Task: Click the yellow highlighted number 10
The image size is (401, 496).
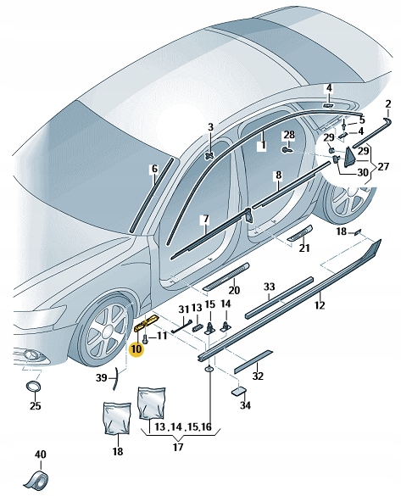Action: (136, 348)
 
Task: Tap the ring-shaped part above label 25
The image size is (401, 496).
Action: (34, 387)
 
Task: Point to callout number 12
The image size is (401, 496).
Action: (320, 304)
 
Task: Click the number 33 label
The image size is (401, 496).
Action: (270, 287)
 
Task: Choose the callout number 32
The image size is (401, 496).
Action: (259, 376)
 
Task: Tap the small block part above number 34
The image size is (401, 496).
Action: (240, 393)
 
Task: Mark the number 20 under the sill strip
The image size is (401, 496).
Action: (234, 291)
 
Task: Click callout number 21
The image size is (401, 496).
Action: (304, 248)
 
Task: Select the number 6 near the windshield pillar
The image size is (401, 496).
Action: (153, 169)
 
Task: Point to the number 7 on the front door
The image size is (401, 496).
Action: (204, 220)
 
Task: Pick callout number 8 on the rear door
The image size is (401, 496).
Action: (277, 176)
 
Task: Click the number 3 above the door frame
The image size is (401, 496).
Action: (211, 127)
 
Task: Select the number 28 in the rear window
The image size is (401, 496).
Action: (289, 136)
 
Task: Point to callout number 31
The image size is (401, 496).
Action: (183, 308)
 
